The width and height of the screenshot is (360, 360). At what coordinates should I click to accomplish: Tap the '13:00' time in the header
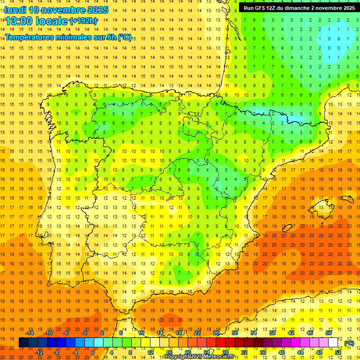tap(20, 21)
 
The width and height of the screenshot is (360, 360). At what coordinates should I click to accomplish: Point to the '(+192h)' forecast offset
tap(83, 21)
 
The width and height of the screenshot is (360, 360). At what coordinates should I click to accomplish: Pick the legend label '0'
tap(92, 352)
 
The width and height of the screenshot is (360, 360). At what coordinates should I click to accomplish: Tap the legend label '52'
tap(338, 352)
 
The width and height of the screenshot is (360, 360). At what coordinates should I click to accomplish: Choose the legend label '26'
tap(216, 333)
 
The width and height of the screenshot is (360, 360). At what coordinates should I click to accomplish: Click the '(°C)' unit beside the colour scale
tap(349, 343)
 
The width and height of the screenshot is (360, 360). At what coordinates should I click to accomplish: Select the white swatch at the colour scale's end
tap(333, 343)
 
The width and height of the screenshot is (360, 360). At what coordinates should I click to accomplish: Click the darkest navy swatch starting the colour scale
tap(23, 343)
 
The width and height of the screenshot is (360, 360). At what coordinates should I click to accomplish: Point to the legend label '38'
tap(272, 333)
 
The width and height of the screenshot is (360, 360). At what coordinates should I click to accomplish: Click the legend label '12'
tap(150, 352)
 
